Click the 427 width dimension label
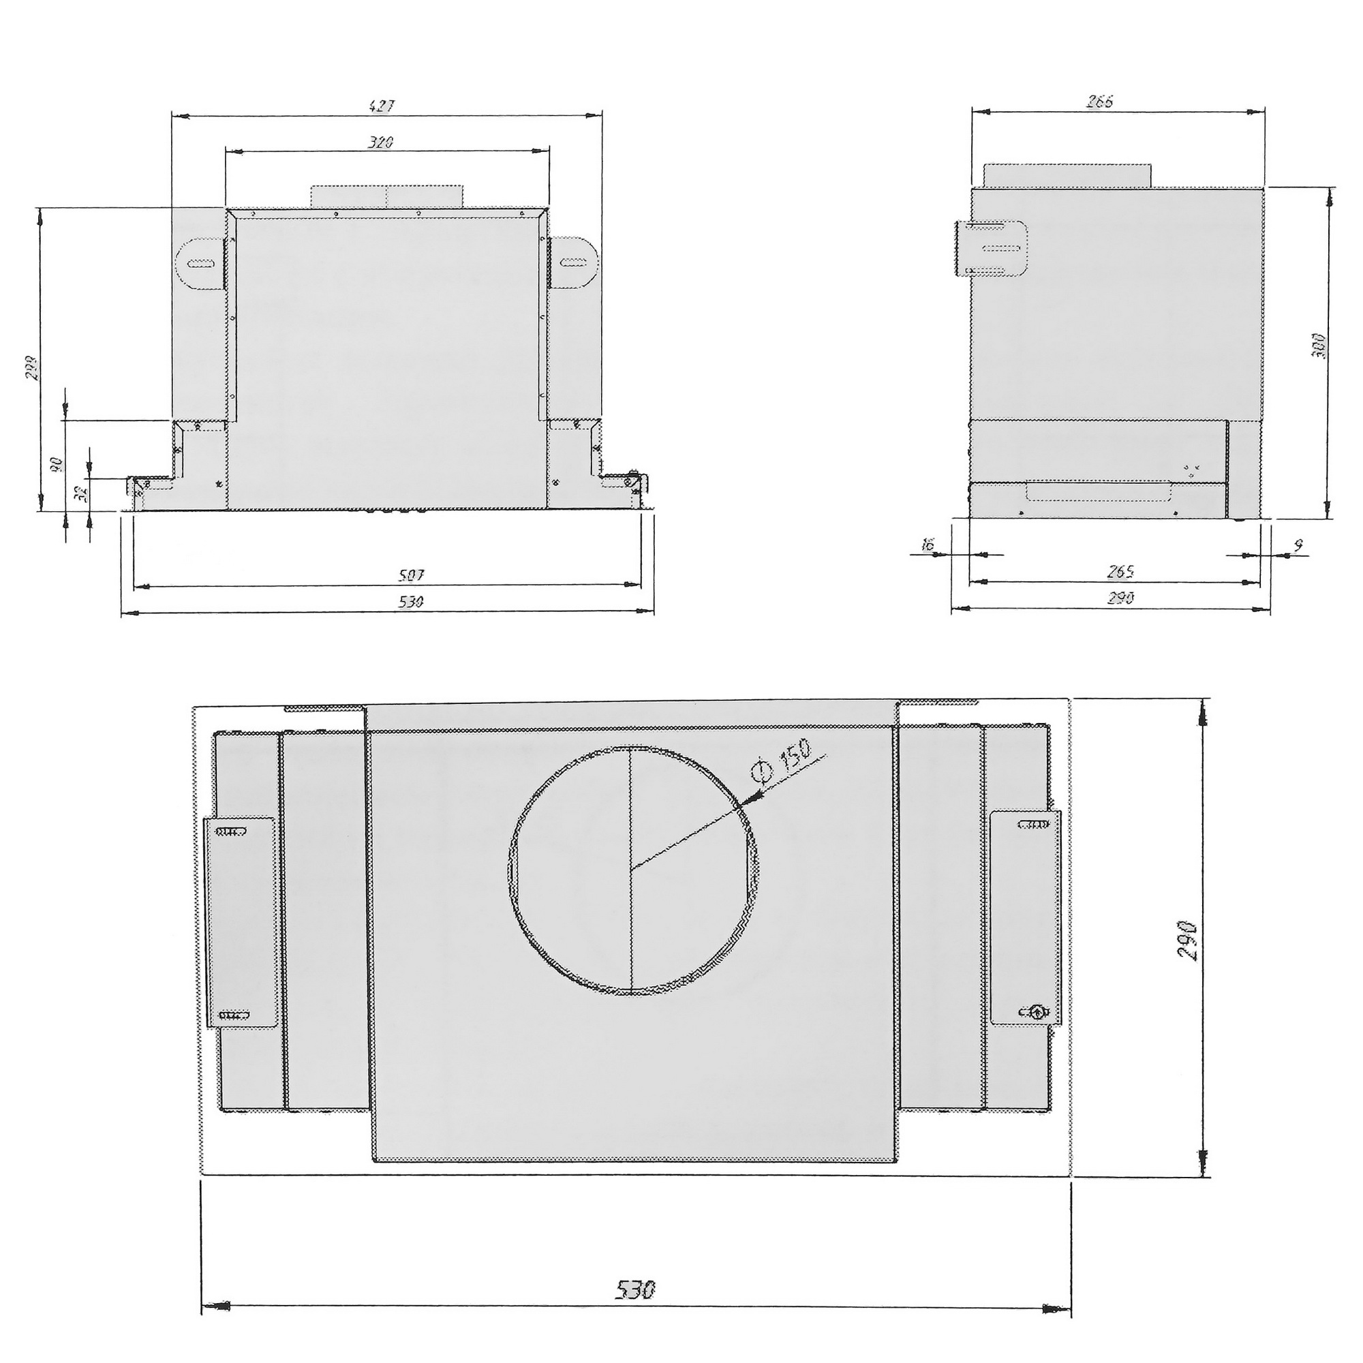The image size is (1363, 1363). (382, 106)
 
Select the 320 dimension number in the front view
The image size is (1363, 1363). (381, 142)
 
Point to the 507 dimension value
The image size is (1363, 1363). (412, 576)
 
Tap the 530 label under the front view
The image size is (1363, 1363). (412, 602)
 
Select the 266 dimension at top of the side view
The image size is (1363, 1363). (1100, 102)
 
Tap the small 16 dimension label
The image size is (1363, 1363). (928, 544)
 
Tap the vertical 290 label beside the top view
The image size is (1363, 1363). (1188, 939)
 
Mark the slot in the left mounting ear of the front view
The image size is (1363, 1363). (200, 264)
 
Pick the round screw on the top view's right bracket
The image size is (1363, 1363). (1037, 1011)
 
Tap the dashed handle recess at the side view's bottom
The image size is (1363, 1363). (1100, 492)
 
